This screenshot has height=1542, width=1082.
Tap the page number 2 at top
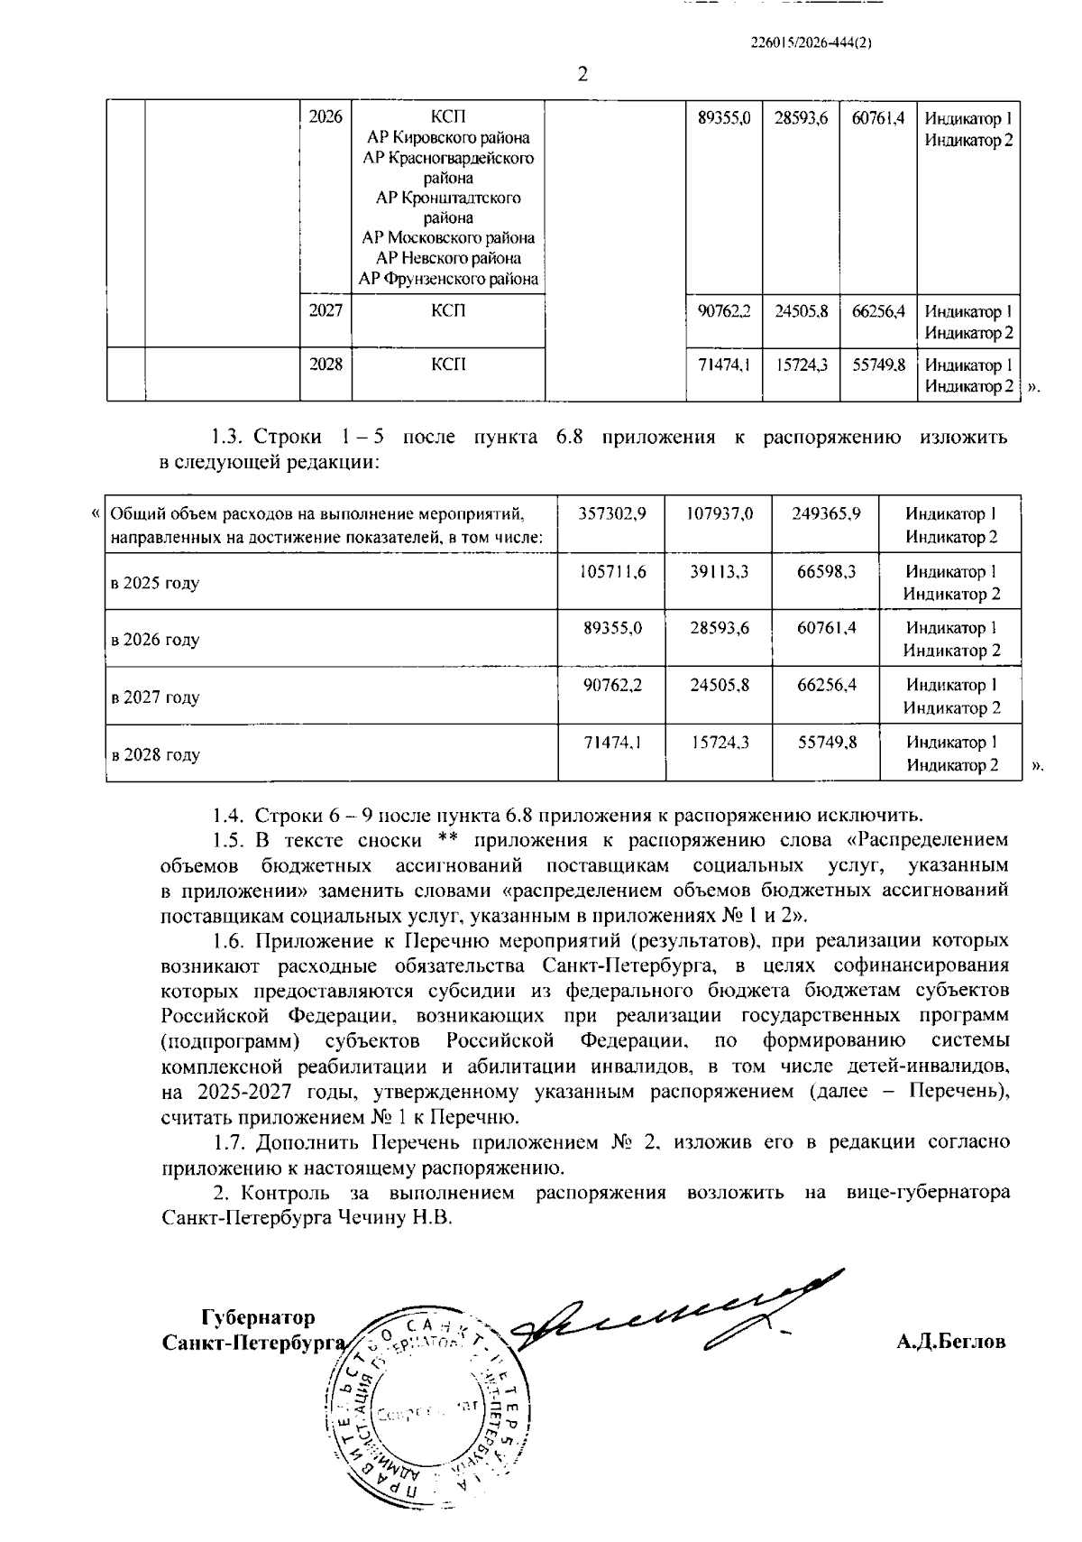(582, 74)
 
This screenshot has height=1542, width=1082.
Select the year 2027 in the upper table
(326, 311)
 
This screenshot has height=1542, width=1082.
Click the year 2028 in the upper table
(326, 365)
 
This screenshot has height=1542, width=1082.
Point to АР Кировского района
(448, 138)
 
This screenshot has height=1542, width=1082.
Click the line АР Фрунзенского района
(448, 279)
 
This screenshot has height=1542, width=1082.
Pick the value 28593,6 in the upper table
(801, 117)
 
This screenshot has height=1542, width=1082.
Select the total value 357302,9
(611, 513)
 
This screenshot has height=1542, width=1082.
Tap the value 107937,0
(719, 513)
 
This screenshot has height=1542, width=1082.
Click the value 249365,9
(826, 513)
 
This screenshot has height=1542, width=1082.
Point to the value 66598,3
(826, 571)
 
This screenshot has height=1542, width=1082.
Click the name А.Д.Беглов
(950, 1342)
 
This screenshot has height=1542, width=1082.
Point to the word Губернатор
(259, 1316)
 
